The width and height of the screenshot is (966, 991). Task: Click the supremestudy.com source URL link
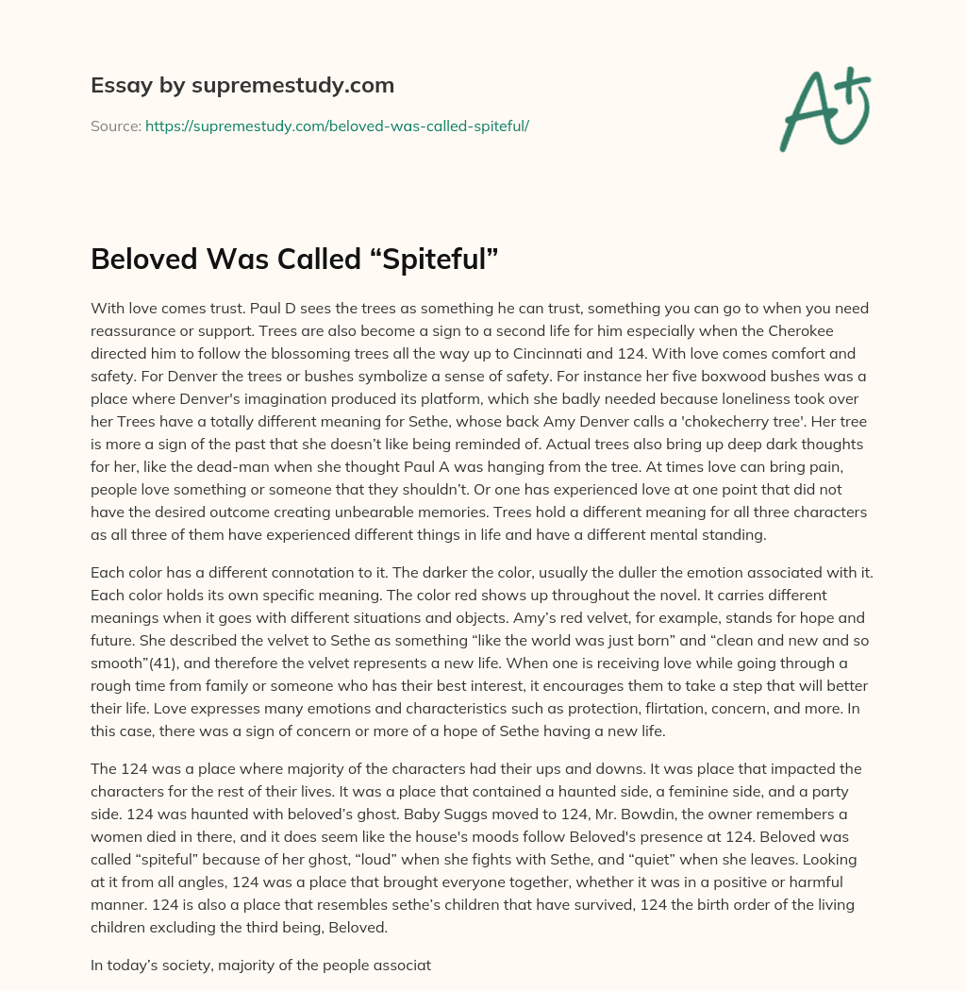[x=337, y=126]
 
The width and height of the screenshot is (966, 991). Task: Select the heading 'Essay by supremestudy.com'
[x=242, y=86]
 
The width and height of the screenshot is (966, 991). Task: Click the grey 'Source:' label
[x=115, y=126]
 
